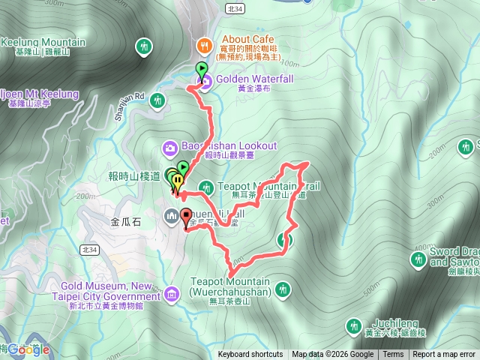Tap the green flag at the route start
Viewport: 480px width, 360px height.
(x=201, y=70)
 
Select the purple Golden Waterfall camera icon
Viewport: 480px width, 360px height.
(x=203, y=81)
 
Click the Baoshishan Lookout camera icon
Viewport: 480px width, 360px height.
(x=169, y=146)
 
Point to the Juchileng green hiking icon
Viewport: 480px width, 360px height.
(x=353, y=325)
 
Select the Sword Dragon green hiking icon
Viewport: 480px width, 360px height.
(x=418, y=259)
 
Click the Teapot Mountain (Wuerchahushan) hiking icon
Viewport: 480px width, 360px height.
(x=283, y=288)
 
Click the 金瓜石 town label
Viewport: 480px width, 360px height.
(x=126, y=222)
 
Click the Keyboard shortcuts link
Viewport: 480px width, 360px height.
(x=250, y=355)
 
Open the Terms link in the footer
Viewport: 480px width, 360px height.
(x=393, y=355)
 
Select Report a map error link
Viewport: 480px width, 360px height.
(x=444, y=355)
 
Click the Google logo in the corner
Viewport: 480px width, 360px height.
(x=30, y=349)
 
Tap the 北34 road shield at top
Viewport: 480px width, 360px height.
(x=235, y=6)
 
